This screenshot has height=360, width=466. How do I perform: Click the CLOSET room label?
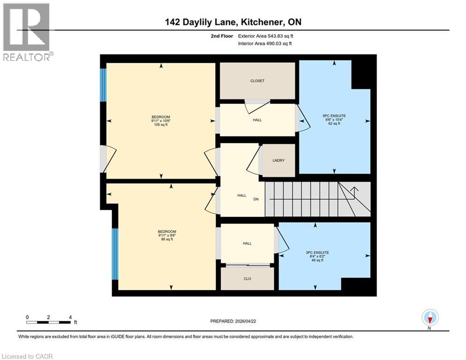pyautogui.click(x=257, y=81)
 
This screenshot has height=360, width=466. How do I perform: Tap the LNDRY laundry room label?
pyautogui.click(x=279, y=161)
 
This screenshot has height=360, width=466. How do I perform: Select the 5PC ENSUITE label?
pyautogui.click(x=334, y=115)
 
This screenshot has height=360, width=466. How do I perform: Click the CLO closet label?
pyautogui.click(x=247, y=279)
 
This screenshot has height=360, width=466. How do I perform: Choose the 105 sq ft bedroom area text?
pyautogui.click(x=160, y=125)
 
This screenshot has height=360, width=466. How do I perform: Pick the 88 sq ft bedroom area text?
pyautogui.click(x=167, y=240)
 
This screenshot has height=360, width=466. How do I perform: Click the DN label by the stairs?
pyautogui.click(x=256, y=199)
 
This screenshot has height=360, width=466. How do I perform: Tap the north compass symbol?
pyautogui.click(x=429, y=318)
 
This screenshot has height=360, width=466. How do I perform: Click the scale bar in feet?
pyautogui.click(x=49, y=322)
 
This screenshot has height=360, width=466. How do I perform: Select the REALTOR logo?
pyautogui.click(x=27, y=32)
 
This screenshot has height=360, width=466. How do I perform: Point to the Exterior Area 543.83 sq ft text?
pyautogui.click(x=266, y=36)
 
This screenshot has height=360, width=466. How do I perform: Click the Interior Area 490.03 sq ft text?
pyautogui.click(x=266, y=44)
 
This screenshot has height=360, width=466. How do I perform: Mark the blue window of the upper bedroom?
pyautogui.click(x=104, y=85)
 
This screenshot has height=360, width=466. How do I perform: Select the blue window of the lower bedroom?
pyautogui.click(x=115, y=254)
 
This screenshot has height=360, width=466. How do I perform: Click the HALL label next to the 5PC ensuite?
pyautogui.click(x=257, y=120)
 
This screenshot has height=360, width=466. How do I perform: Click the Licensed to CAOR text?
pyautogui.click(x=27, y=356)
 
